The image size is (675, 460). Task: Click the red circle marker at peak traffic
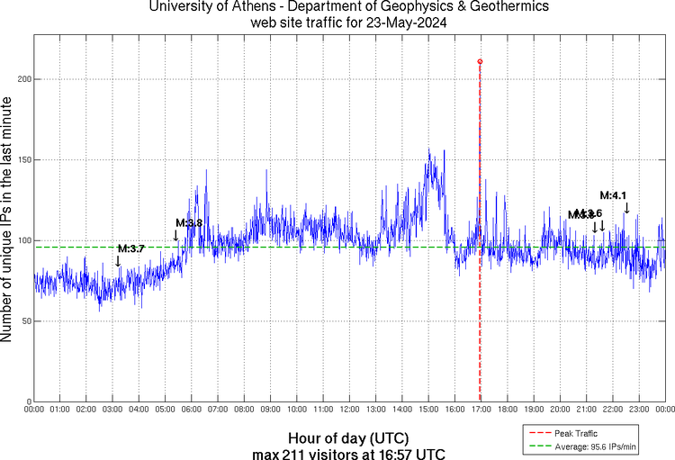click(x=480, y=61)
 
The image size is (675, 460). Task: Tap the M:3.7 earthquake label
click(x=130, y=248)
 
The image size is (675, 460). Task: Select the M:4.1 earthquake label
click(x=613, y=195)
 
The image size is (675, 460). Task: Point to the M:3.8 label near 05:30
click(x=189, y=222)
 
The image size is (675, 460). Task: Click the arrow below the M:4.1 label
click(x=626, y=209)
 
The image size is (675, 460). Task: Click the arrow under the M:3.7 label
click(x=118, y=261)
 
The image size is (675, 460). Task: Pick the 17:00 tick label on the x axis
click(x=481, y=409)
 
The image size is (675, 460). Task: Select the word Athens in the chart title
click(x=248, y=7)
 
